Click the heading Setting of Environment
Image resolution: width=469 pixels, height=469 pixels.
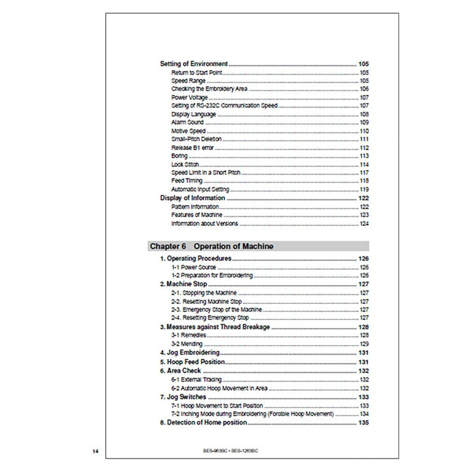point(194,64)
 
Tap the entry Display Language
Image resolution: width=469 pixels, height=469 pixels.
point(194,114)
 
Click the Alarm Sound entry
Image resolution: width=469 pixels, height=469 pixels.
point(188,123)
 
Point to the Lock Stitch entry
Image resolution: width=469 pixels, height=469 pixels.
point(185,164)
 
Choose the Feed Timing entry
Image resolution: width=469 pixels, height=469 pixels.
point(187,181)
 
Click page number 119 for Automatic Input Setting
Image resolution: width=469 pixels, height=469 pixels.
point(363,189)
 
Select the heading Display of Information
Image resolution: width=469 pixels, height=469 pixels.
point(193,198)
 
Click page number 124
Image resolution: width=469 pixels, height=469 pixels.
point(363,223)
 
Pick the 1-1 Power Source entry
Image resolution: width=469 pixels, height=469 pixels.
point(194,267)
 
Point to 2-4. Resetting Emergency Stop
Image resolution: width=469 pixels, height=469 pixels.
point(210,318)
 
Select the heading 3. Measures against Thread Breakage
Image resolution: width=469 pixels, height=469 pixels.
point(215,327)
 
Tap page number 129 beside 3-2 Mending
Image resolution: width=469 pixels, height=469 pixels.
point(363,344)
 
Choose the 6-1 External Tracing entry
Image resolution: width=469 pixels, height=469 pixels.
point(196,379)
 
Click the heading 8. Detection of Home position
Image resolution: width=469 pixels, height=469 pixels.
point(203,423)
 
